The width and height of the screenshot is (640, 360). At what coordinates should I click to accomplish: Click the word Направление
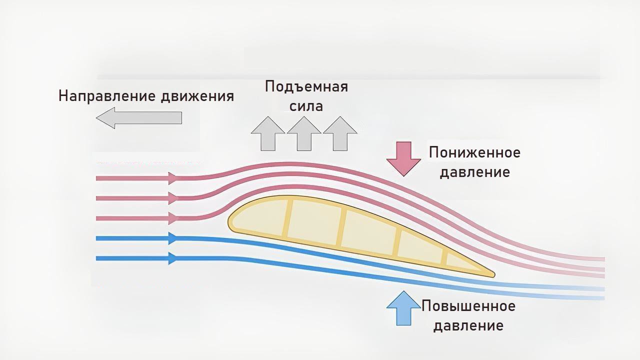point(107,96)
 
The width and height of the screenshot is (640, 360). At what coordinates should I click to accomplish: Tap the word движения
point(197,96)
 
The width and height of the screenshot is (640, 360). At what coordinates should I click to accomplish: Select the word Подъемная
point(306,86)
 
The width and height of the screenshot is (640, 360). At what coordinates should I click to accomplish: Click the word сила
point(306,106)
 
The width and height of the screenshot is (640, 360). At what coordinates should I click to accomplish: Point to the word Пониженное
point(474,152)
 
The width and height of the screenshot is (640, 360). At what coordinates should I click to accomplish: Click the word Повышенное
point(468,305)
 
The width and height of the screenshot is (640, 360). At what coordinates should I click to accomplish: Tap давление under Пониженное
point(474,172)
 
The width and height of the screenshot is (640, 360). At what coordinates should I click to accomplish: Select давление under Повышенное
point(468,326)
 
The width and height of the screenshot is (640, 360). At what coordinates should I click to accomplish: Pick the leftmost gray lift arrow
point(267,133)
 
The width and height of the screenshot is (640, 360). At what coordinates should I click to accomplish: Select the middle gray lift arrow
point(303,133)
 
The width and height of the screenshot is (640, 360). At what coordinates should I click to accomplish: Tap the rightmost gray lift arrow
point(340,133)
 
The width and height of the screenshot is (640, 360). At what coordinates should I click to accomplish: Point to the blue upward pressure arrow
point(403,307)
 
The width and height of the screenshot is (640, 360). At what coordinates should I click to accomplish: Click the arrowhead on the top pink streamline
point(173,178)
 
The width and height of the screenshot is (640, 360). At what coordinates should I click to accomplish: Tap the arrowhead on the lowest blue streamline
point(173,258)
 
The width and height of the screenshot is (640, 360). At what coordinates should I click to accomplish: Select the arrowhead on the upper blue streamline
point(173,238)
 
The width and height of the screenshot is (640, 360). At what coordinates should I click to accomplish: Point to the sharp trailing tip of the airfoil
point(492,274)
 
